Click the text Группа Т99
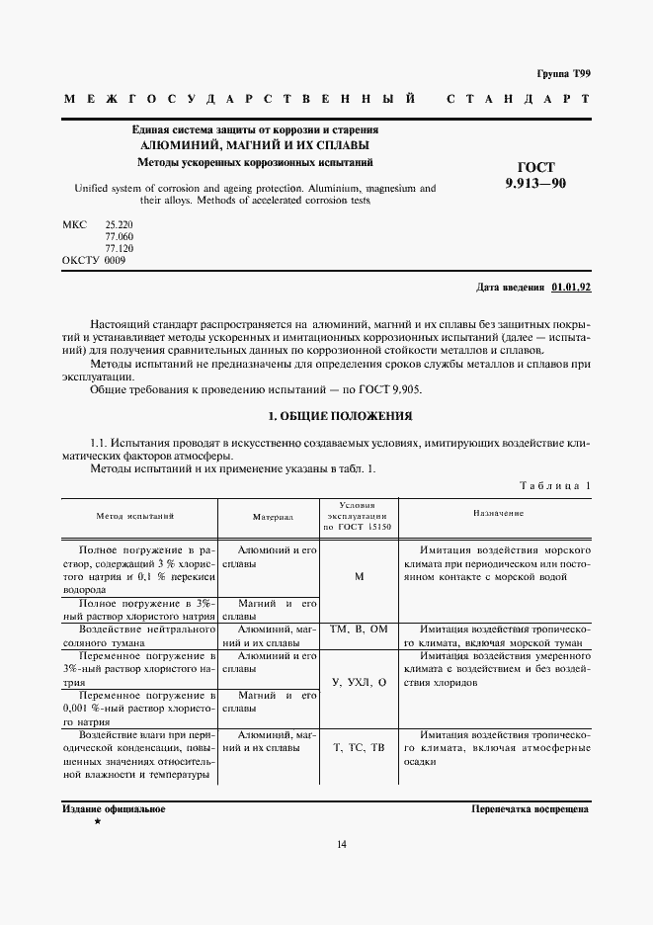pos(562,74)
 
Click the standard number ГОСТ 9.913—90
pos(535,175)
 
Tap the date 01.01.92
pos(570,287)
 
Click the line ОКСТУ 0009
pos(94,260)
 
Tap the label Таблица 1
pos(553,485)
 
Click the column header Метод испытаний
pos(135,516)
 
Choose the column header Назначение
pos(499,513)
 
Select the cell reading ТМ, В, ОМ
pos(359,629)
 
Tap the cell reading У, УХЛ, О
pos(359,683)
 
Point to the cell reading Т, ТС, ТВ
pos(359,748)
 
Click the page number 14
pos(341,843)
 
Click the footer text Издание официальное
pos(114,808)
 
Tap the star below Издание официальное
pos(97,821)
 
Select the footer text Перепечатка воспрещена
pos(531,808)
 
